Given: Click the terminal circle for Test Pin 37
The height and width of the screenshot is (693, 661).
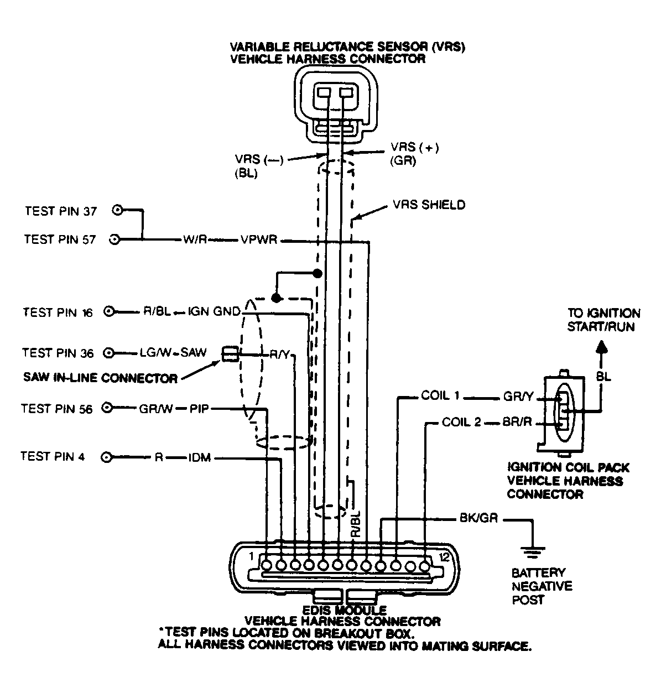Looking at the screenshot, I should click(x=117, y=211).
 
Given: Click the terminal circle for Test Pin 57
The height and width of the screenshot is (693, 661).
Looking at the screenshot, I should click(x=116, y=239).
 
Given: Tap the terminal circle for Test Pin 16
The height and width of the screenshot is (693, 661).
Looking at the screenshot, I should click(x=110, y=312).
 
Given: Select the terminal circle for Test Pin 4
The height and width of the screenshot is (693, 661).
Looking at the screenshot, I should click(x=105, y=457).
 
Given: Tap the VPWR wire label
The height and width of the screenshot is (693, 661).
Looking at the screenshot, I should click(x=258, y=241).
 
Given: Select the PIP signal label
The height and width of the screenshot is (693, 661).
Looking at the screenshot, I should click(x=199, y=409).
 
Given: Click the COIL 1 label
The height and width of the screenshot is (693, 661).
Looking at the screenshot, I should click(x=440, y=396).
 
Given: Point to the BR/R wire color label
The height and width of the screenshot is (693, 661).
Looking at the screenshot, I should click(x=517, y=423).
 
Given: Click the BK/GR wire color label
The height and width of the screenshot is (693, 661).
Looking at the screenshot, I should click(x=479, y=518).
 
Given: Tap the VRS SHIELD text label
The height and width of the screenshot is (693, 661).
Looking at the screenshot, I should click(x=429, y=205).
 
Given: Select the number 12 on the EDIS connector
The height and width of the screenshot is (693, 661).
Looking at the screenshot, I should click(x=444, y=557).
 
